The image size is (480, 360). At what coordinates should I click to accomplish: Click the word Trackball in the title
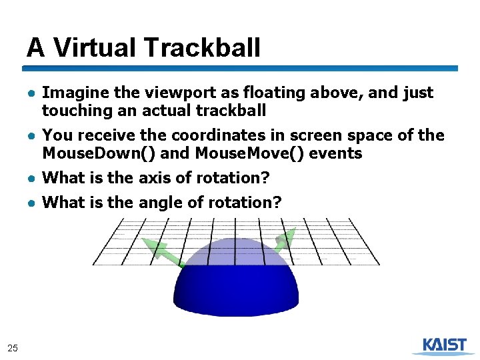pos(201,48)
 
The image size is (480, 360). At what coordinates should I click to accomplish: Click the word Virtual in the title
pos(95,48)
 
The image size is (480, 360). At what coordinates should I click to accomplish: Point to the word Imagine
pos(73,93)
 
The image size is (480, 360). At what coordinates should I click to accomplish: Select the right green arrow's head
pos(286,238)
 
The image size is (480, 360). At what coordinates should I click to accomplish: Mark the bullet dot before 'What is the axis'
pos(31,179)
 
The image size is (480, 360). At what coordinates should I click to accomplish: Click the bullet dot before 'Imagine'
pos(31,93)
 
